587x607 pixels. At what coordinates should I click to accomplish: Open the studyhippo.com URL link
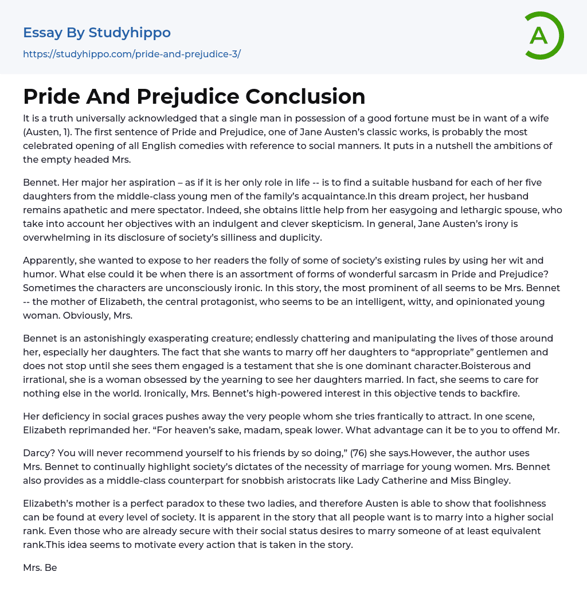pyautogui.click(x=131, y=54)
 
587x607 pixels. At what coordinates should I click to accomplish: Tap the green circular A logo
pyautogui.click(x=541, y=36)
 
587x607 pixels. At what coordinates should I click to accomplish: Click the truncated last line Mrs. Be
pyautogui.click(x=40, y=568)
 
